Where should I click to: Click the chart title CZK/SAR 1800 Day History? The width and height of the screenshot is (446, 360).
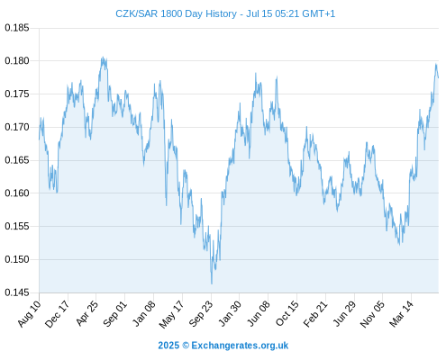[176, 13]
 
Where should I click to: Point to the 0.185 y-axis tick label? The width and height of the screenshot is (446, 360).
[17, 28]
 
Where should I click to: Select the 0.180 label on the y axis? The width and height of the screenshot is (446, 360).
[17, 61]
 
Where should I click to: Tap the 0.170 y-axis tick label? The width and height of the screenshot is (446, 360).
[17, 127]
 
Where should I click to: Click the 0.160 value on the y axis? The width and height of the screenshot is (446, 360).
[17, 193]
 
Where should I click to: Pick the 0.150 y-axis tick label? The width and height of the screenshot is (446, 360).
[17, 259]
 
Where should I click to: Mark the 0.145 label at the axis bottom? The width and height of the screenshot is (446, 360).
[17, 292]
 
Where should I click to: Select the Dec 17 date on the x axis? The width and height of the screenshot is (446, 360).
[57, 313]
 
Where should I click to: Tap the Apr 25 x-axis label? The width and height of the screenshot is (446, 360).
[86, 313]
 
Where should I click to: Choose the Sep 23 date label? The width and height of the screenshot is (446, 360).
[201, 313]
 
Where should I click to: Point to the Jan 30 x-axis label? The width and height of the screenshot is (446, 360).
[230, 313]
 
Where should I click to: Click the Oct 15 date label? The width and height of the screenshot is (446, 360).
[287, 313]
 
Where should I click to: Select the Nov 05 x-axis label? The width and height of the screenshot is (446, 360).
[372, 313]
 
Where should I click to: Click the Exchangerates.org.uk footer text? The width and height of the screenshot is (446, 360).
[240, 346]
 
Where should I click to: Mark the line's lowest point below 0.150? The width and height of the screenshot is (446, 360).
[212, 283]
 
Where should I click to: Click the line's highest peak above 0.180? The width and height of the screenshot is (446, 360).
[103, 57]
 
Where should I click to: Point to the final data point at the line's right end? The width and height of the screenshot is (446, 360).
[438, 77]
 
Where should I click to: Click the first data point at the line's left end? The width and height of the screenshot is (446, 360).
[39, 139]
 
